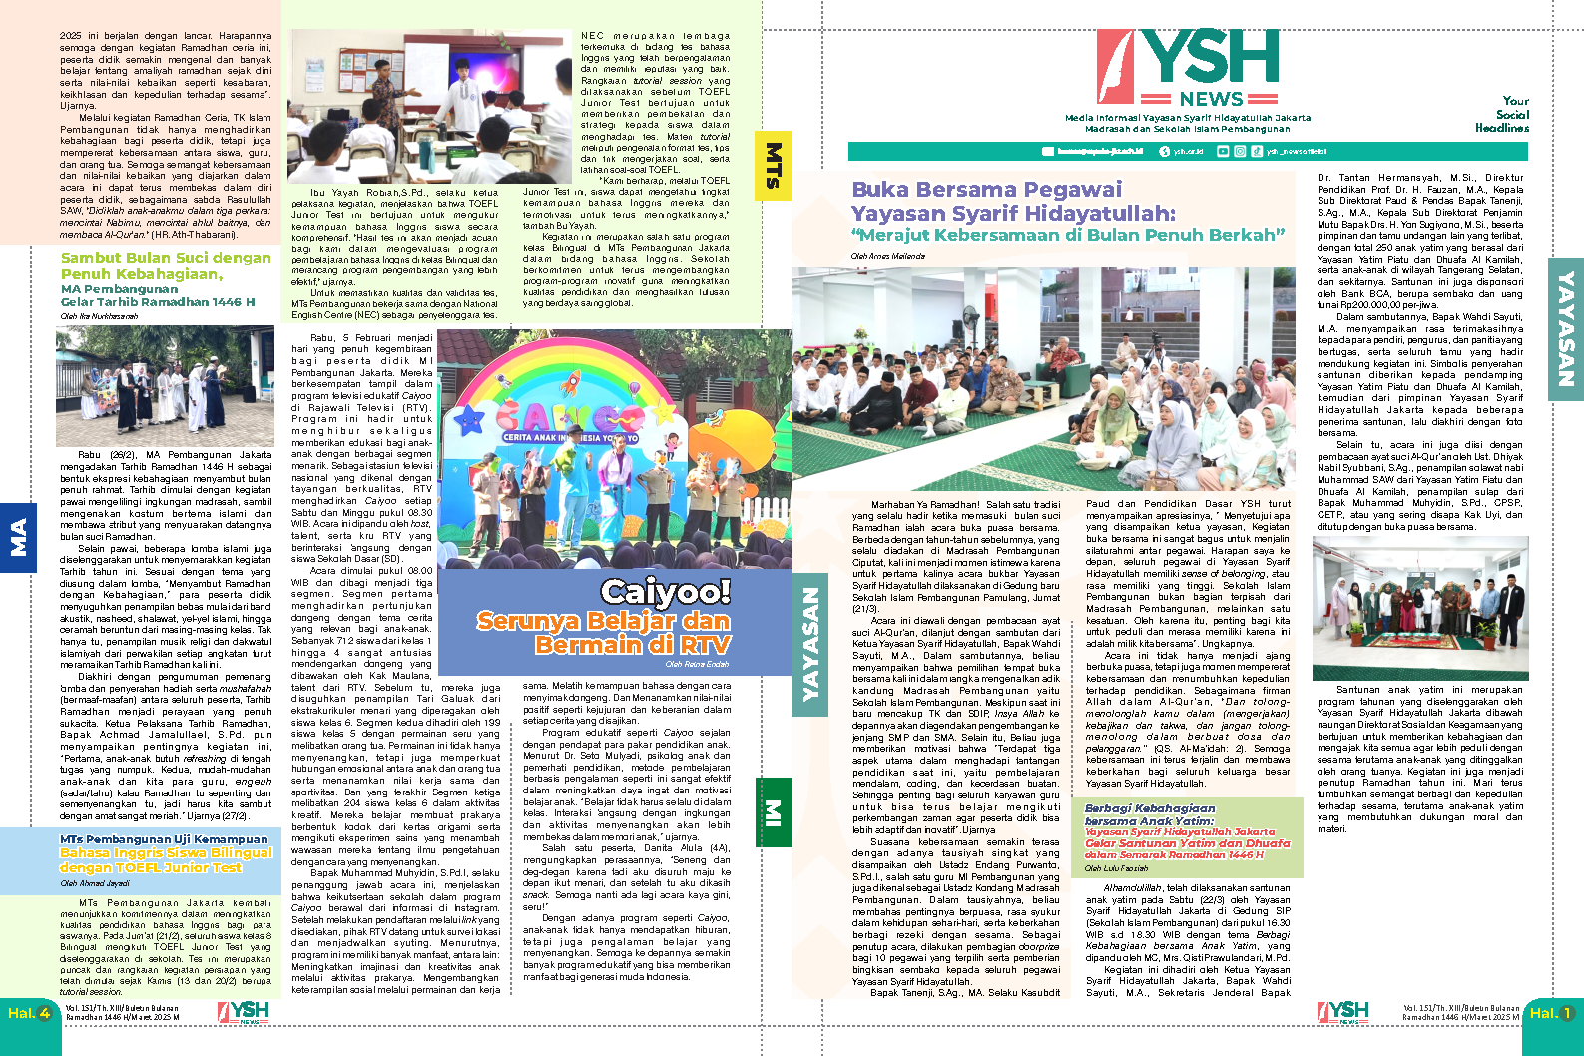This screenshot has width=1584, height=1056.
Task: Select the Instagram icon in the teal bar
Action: pos(1240,152)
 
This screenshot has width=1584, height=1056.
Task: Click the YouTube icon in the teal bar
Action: pos(1226,152)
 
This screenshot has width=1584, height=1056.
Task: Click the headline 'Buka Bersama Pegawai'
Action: pos(986,190)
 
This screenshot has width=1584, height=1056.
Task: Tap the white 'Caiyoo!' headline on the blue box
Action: pos(666,592)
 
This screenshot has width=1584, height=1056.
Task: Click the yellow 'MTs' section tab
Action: pos(773,166)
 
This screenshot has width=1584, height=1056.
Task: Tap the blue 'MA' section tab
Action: pos(18,537)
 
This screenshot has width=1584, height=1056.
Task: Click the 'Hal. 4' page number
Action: pos(29,1013)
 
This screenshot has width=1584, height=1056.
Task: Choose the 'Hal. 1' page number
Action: pos(1551,1013)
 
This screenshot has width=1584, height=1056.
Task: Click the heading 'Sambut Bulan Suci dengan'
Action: pos(166,258)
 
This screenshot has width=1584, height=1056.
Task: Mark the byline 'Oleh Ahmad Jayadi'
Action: pos(95,883)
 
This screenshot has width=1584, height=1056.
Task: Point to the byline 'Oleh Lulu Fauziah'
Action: pos(1116,868)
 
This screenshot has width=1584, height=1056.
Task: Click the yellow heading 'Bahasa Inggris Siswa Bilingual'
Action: pos(166,853)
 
